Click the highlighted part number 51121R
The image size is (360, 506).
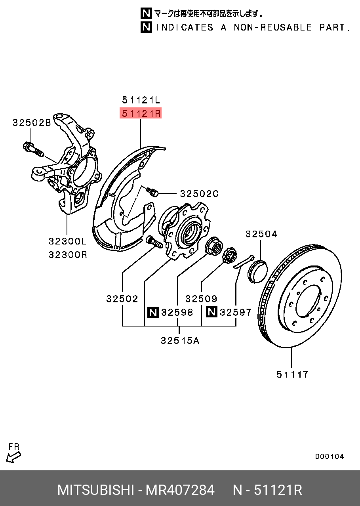tap(141, 114)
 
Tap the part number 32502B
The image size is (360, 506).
tap(32, 123)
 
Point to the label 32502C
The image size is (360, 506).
tap(199, 194)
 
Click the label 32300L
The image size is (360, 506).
tap(67, 241)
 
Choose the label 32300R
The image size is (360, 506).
tap(67, 254)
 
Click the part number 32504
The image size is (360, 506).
tap(261, 234)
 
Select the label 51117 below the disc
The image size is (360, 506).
tap(292, 374)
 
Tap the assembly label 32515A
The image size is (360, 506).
tap(179, 340)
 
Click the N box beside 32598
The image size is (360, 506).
tap(153, 312)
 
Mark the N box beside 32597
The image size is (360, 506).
tap(211, 312)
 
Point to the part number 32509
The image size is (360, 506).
tap(201, 299)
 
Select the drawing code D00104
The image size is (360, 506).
tap(330, 456)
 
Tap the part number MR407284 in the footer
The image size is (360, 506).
tap(180, 490)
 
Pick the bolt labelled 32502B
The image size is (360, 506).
tap(33, 149)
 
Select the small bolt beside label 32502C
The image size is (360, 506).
tap(153, 192)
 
